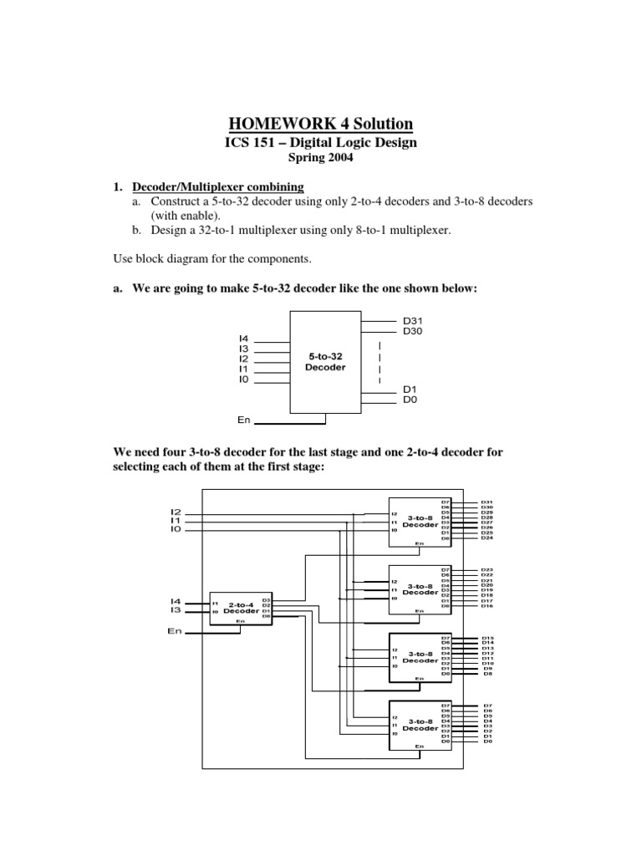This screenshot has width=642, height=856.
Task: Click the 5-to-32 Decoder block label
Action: pyautogui.click(x=326, y=361)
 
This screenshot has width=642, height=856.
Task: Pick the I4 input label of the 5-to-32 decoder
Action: pyautogui.click(x=244, y=339)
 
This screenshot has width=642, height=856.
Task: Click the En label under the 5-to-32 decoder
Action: pyautogui.click(x=244, y=420)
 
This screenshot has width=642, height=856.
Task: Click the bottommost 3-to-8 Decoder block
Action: pyautogui.click(x=420, y=724)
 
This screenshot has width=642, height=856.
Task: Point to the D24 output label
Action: pyautogui.click(x=487, y=538)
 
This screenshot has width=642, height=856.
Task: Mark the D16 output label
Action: pyautogui.click(x=487, y=606)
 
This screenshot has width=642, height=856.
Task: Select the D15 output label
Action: pyautogui.click(x=487, y=638)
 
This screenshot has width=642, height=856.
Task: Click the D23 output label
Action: pyautogui.click(x=487, y=569)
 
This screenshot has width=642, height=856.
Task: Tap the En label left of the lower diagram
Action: pyautogui.click(x=174, y=632)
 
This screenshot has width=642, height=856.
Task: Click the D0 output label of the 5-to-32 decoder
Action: pyautogui.click(x=410, y=400)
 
